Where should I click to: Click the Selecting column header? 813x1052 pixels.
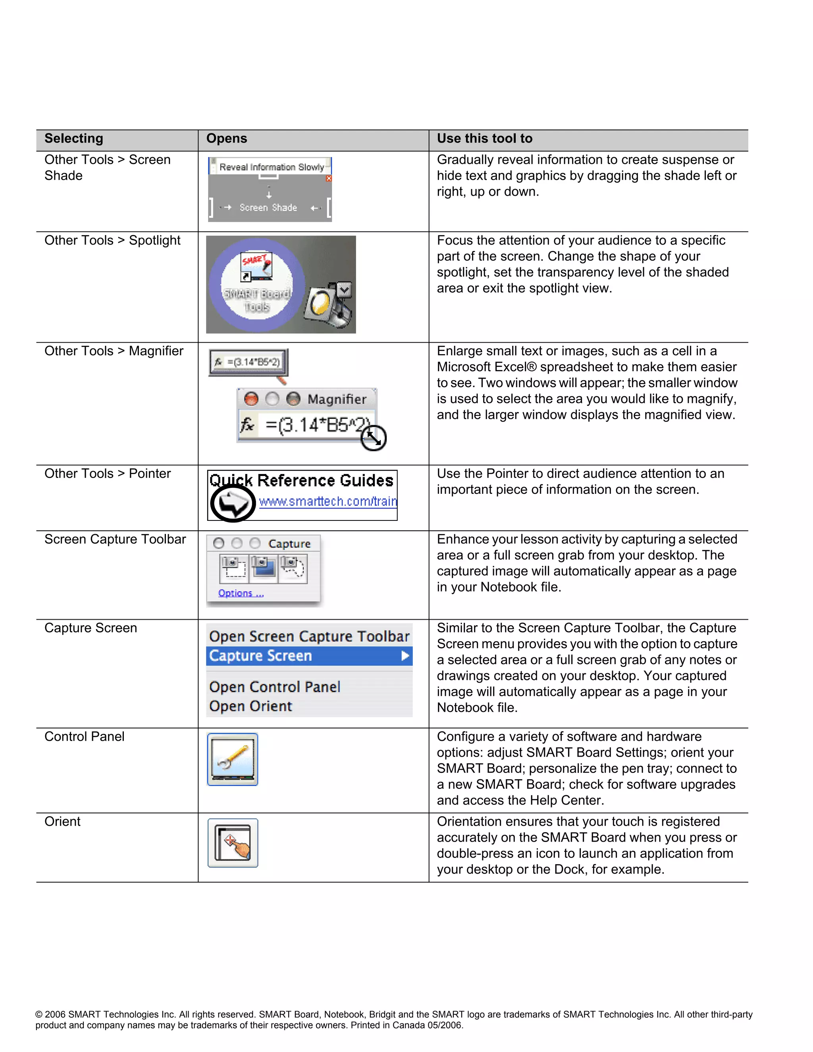click(74, 139)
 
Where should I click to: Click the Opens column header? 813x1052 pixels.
click(226, 139)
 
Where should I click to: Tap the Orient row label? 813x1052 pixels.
click(63, 821)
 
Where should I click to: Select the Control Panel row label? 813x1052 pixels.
click(84, 736)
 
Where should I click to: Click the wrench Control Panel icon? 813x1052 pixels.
click(233, 759)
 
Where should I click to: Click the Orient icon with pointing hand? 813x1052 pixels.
click(233, 843)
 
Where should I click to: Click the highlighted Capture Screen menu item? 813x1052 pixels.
click(260, 656)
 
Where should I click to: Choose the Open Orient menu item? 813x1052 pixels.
click(250, 706)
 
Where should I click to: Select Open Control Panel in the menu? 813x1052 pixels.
click(275, 687)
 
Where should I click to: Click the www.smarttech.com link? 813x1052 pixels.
click(328, 501)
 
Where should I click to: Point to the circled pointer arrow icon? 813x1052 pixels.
click(233, 503)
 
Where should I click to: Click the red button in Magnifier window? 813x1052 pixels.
click(251, 399)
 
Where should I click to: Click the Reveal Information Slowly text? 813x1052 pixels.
click(272, 167)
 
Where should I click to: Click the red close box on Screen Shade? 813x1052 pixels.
click(329, 179)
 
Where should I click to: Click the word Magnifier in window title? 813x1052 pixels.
click(337, 399)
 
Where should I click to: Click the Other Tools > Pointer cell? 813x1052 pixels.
click(108, 474)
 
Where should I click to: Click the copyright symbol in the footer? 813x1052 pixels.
click(39, 1014)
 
